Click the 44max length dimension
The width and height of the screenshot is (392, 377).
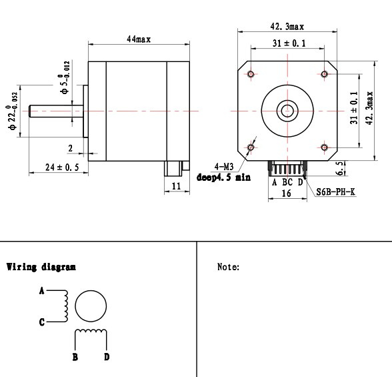[139, 39]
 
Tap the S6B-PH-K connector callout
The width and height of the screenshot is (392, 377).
[335, 192]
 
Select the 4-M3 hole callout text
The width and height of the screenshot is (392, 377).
[224, 166]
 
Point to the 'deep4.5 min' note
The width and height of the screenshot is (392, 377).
[223, 177]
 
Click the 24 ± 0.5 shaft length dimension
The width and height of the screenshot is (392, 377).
[62, 167]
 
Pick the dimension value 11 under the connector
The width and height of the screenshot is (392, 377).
[176, 186]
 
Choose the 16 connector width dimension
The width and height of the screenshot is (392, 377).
[286, 193]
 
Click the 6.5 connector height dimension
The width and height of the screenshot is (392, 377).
[340, 168]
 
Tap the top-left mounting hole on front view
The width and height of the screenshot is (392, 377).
[251, 74]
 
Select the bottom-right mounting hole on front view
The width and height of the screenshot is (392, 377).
[324, 147]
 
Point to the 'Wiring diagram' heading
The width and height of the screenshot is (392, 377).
[41, 267]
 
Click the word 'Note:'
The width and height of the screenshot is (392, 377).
[228, 267]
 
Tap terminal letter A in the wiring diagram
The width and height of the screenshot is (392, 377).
[42, 291]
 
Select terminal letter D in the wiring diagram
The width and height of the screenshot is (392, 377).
[107, 357]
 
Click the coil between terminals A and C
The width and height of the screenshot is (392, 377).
[66, 306]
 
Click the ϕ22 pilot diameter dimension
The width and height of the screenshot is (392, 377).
[12, 111]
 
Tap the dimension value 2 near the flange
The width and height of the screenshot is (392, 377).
[70, 148]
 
